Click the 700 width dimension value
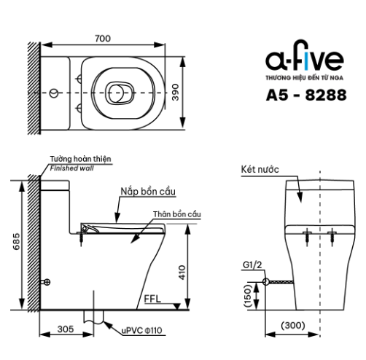click(x=103, y=39)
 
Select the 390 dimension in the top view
click(x=175, y=93)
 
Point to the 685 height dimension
click(x=16, y=241)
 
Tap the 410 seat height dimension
click(x=182, y=272)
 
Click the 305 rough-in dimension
click(x=66, y=329)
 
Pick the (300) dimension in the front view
click(x=293, y=325)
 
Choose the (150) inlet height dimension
click(x=248, y=296)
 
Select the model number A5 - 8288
click(x=306, y=95)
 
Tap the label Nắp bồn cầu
click(x=148, y=192)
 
